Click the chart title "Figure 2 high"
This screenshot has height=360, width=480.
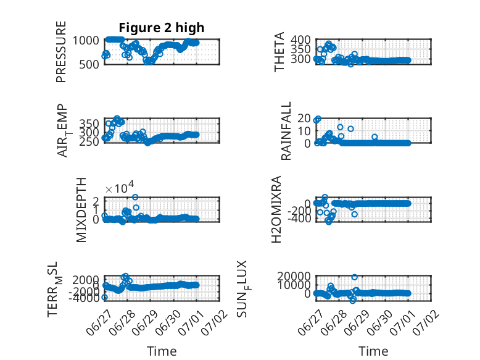tap(161, 28)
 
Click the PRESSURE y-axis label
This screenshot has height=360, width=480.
tap(61, 52)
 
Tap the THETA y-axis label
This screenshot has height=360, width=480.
tap(279, 52)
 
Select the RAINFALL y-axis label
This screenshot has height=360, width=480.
tap(286, 131)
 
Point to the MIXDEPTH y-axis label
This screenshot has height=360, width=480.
tap(81, 210)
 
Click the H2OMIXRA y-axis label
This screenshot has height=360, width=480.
tap(276, 209)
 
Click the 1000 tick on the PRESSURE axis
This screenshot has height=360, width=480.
tap(86, 40)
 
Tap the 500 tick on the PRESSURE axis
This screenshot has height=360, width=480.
tap(89, 64)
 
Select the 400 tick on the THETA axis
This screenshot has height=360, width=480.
tap(300, 40)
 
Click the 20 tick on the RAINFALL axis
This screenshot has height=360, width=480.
tap(304, 118)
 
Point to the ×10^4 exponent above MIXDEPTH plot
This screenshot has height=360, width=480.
tap(120, 188)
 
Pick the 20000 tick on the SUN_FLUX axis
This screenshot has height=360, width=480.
tap(294, 277)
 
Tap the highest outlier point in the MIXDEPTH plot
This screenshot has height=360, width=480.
tap(135, 197)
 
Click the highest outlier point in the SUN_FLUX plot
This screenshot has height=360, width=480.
tap(355, 277)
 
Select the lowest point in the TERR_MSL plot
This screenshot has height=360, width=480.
tap(104, 297)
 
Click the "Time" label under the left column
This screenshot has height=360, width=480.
tap(162, 351)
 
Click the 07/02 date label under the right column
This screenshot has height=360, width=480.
tap(426, 323)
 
